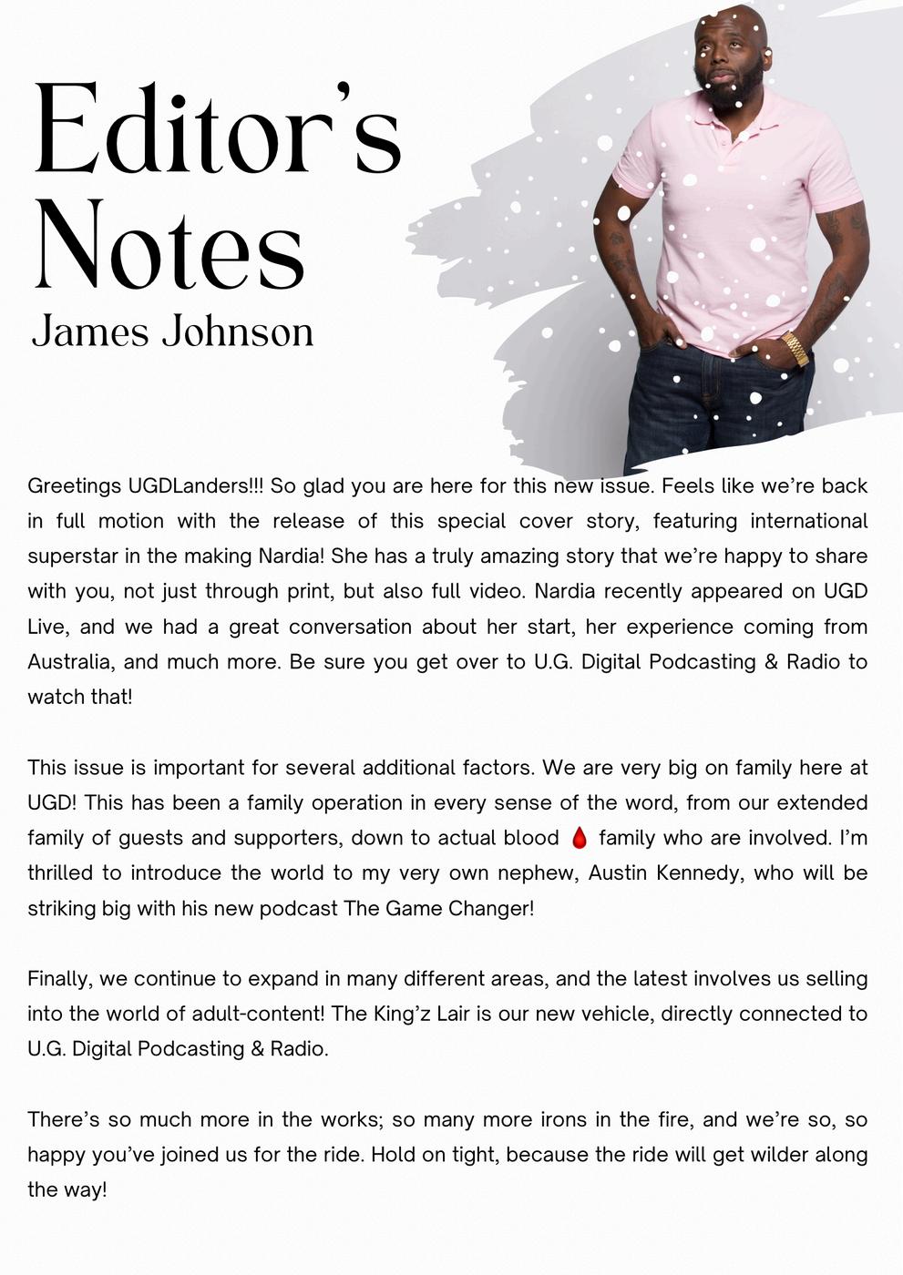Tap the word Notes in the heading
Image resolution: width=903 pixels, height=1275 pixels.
[x=169, y=246]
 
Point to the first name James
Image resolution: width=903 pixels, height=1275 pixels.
[x=90, y=331]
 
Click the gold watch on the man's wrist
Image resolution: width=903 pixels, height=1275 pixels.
[x=795, y=348]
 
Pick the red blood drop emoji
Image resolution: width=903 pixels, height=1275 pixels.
[x=579, y=838]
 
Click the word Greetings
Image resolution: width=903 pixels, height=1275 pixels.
[x=74, y=486]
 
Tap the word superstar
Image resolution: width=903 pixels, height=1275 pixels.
[x=71, y=556]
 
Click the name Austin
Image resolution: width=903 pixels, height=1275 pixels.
[x=620, y=872]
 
